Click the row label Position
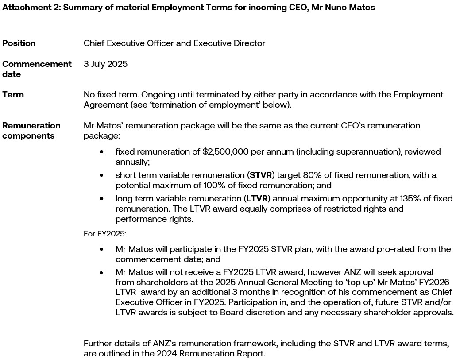coord(19,43)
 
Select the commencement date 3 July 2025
coord(105,64)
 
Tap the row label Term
coord(13,94)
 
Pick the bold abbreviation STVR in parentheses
coord(261,175)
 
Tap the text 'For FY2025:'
coord(105,233)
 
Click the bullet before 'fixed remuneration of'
coord(102,152)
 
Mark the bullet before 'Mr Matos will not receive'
coord(102,272)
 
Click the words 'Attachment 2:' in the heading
coord(31,8)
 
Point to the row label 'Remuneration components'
coord(31,131)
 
